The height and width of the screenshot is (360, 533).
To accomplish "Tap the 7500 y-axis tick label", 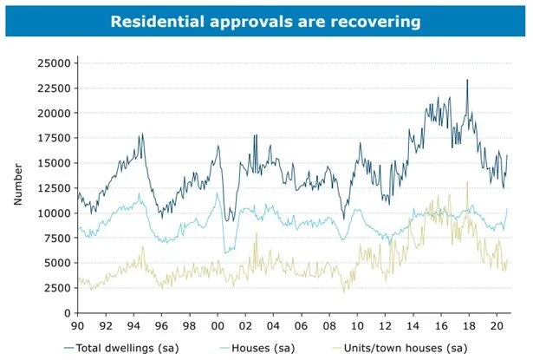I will (57, 238).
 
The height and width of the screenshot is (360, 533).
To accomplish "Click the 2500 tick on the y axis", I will (57, 288).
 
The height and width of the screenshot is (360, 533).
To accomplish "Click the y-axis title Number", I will (17, 186).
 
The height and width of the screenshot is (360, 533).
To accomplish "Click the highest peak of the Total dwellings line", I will (467, 80).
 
